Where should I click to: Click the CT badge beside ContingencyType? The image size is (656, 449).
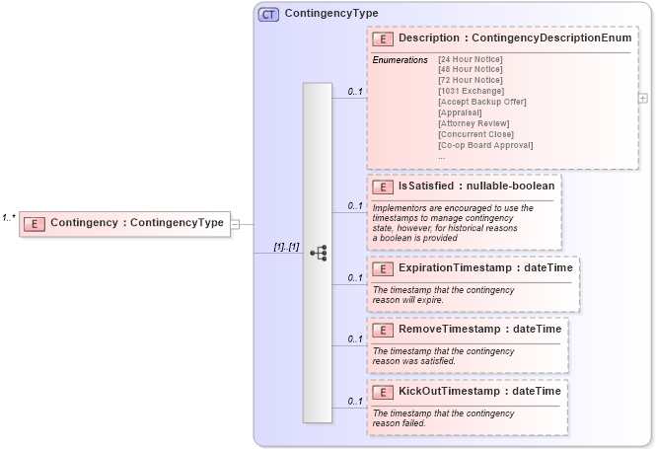[268, 14]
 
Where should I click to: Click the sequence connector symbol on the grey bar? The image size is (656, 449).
[318, 253]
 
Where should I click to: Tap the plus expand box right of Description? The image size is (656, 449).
[643, 99]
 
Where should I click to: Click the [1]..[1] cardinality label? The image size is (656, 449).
[286, 246]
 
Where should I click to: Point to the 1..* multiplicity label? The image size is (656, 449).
[9, 217]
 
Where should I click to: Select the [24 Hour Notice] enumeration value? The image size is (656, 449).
[471, 60]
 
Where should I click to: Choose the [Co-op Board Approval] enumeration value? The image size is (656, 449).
[485, 145]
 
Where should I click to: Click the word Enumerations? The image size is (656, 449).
[400, 60]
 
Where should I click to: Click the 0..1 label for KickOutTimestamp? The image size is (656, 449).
[354, 401]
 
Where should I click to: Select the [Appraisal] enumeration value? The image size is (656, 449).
[460, 112]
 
